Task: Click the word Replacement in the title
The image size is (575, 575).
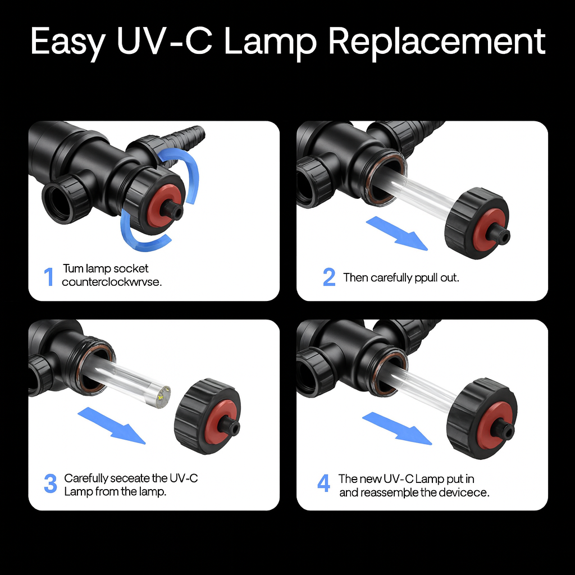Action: point(436,42)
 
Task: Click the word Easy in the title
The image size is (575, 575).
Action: point(66,42)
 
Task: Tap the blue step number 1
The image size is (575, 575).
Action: point(49,277)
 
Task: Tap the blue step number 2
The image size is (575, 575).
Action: point(329,277)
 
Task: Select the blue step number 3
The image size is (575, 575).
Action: point(51,484)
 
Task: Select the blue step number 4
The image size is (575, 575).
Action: point(324,483)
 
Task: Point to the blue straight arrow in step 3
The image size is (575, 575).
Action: point(111,426)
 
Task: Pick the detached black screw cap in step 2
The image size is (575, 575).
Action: point(476,223)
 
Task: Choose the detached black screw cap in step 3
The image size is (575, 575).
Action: point(207,416)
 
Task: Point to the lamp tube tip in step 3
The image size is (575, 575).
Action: point(161,396)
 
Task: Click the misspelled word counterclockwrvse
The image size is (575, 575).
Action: point(112,282)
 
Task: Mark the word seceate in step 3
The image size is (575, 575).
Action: point(131,478)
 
